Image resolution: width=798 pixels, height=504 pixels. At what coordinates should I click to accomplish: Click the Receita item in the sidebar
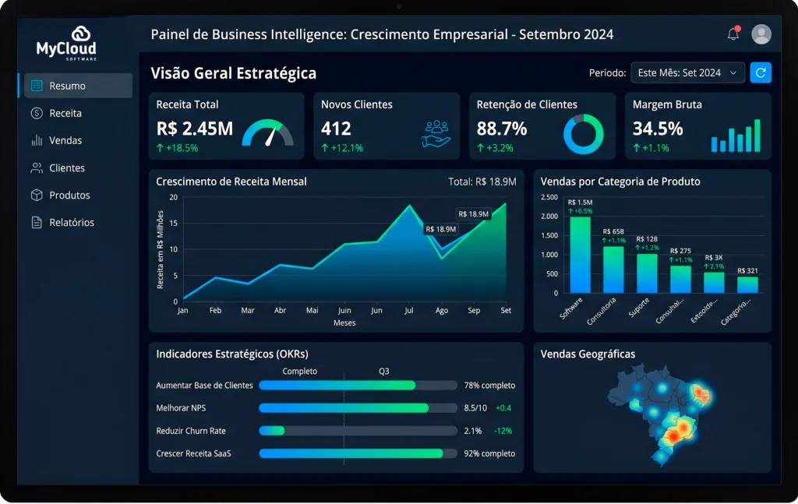65,113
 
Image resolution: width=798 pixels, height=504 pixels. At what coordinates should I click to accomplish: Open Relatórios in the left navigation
71,222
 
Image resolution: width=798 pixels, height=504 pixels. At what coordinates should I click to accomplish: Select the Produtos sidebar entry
69,195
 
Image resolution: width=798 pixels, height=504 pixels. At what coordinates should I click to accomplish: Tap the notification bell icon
733,34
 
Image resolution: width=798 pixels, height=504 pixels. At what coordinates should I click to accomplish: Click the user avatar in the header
761,34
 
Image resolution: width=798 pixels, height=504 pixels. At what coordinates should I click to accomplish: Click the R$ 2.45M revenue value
194,129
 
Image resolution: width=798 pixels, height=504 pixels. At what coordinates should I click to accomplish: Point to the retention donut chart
584,134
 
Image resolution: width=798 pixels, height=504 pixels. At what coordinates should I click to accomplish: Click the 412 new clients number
336,129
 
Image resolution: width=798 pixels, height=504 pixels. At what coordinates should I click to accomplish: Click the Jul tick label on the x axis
409,310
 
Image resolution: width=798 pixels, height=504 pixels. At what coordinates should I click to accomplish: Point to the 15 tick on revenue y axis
174,224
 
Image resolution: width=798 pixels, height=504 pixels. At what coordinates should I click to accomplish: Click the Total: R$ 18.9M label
482,182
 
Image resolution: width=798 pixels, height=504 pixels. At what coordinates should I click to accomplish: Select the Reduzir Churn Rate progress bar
358,431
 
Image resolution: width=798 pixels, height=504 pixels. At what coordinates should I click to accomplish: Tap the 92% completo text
489,453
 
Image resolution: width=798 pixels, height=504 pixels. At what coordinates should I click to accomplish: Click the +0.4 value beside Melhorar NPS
503,407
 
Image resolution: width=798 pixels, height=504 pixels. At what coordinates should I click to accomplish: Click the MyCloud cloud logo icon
83,34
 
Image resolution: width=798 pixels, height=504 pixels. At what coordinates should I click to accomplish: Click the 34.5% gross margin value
658,129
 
